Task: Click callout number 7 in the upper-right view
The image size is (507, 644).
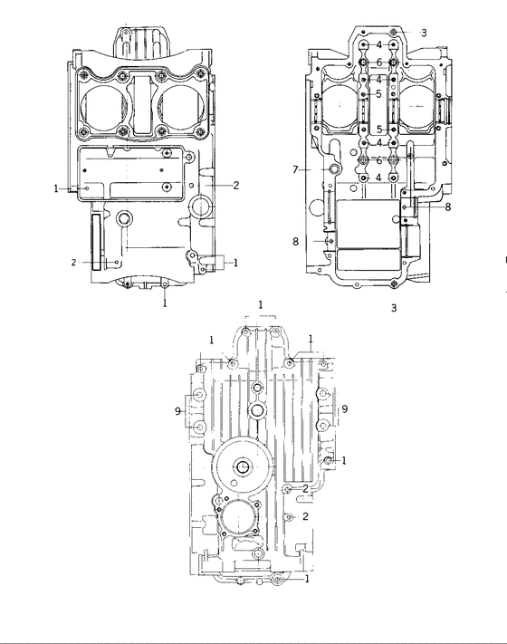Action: click(x=295, y=169)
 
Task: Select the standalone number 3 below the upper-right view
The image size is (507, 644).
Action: click(x=394, y=309)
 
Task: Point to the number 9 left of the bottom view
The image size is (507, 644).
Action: click(x=178, y=410)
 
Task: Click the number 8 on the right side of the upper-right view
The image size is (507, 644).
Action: click(x=446, y=207)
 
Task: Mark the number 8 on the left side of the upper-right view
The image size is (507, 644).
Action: click(x=294, y=241)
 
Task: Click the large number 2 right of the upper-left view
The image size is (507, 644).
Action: click(x=235, y=185)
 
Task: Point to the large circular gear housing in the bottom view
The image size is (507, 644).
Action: click(x=243, y=466)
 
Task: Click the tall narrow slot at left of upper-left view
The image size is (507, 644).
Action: click(x=97, y=241)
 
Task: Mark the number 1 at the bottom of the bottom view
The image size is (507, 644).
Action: click(x=308, y=577)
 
